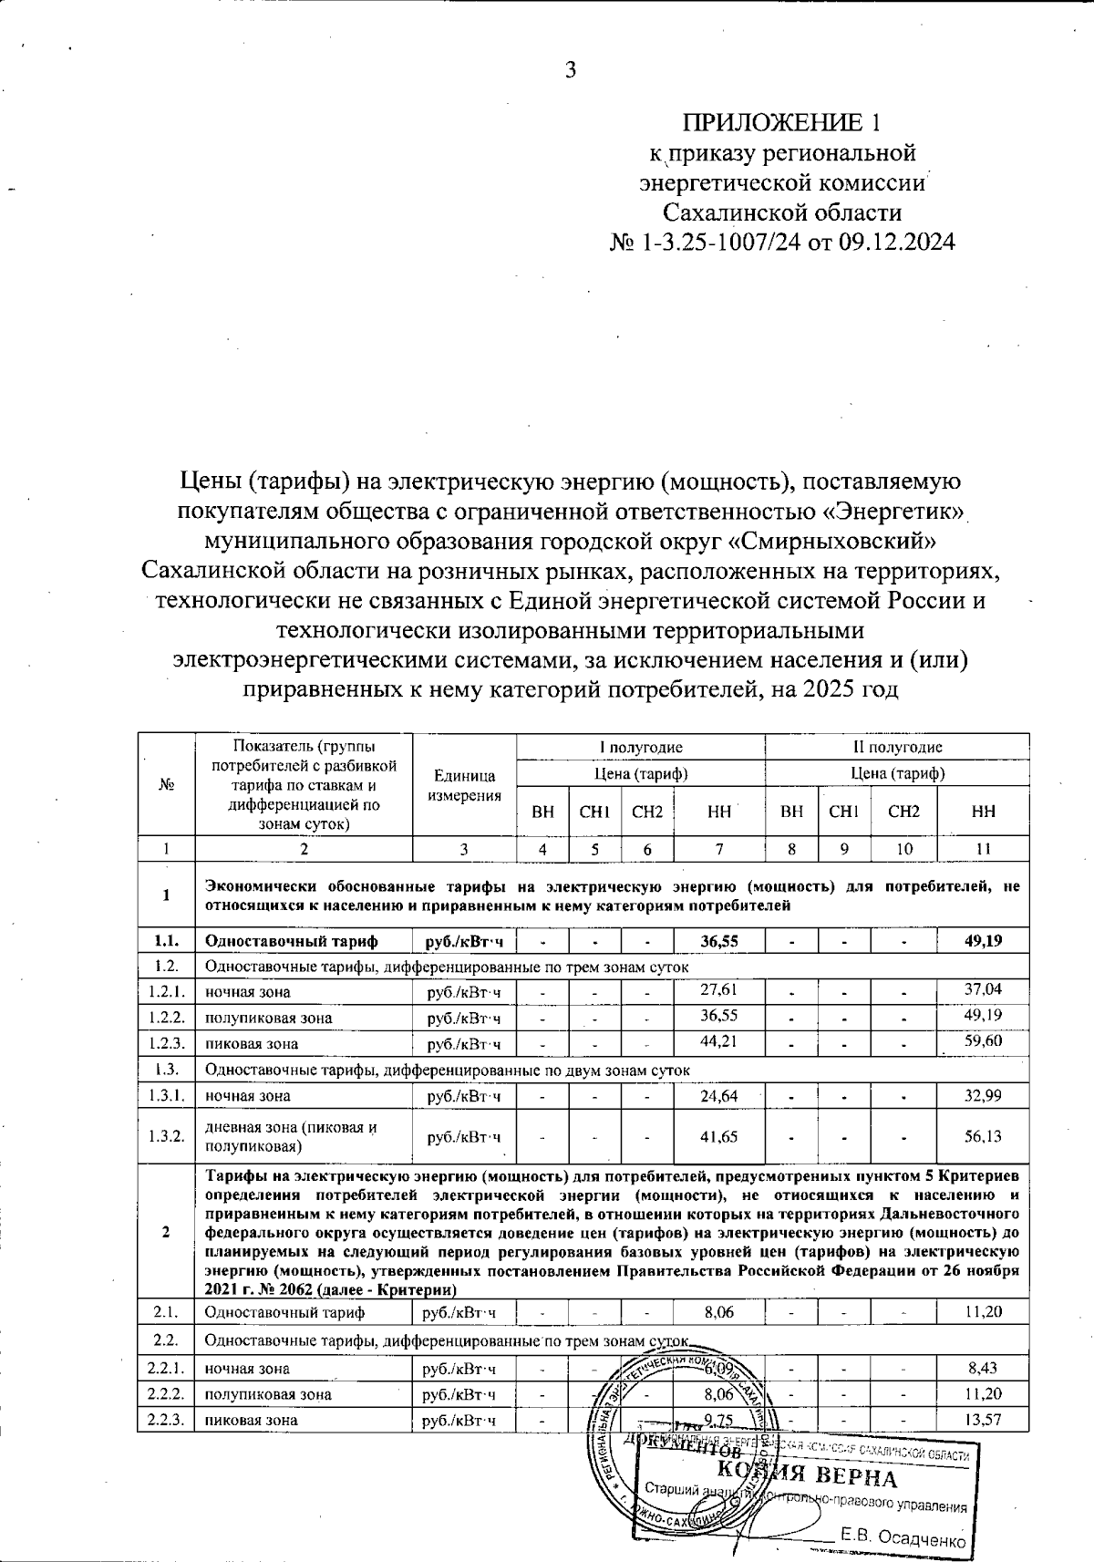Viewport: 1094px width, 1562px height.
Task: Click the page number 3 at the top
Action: pos(571,70)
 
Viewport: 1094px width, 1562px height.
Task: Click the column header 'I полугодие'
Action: pos(640,747)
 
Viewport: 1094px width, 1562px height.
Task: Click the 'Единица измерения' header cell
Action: pos(464,785)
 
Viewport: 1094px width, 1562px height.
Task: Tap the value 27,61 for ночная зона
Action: pos(719,989)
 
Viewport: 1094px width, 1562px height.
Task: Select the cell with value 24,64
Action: pos(719,1095)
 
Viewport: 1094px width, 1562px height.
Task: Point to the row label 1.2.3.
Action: pos(166,1043)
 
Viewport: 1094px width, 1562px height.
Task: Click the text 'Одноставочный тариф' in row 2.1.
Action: pos(284,1312)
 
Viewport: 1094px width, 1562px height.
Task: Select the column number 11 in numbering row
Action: pos(983,849)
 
